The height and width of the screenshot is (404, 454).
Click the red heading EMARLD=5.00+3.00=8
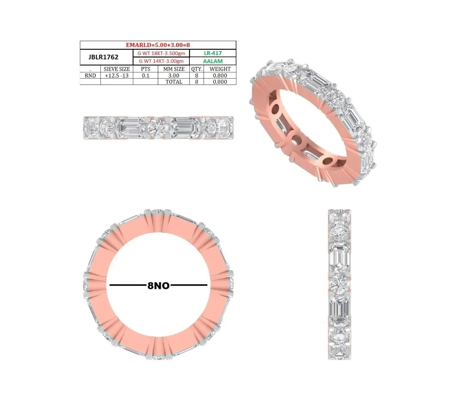(158, 45)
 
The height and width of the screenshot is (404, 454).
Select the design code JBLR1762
(103, 57)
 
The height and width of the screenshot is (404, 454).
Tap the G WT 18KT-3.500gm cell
(161, 53)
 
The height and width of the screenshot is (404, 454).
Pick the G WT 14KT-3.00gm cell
(161, 61)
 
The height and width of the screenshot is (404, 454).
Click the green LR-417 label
(213, 53)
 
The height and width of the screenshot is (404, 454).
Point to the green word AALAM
(213, 61)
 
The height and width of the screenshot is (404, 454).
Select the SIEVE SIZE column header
(117, 69)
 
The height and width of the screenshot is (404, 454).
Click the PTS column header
(145, 69)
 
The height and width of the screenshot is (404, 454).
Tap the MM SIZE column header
(174, 69)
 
